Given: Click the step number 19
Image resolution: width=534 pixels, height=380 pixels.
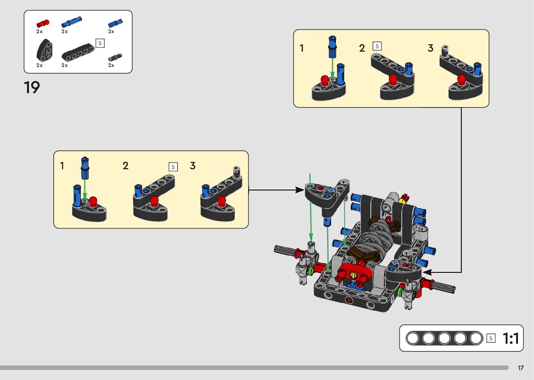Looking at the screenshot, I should (32, 87).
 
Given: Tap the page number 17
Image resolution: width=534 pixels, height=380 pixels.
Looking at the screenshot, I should (521, 368).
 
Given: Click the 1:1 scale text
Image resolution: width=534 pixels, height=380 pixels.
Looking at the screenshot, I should (511, 338).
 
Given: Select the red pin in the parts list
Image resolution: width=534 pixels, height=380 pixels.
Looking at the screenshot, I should (43, 23).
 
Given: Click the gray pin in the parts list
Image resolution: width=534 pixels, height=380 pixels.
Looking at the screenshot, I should (115, 57).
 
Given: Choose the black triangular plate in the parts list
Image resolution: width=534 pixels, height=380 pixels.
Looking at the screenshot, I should (45, 50).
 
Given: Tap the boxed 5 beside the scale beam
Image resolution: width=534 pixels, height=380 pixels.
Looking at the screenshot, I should (491, 338).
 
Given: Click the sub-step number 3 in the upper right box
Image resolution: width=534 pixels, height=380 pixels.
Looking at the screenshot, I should (430, 48).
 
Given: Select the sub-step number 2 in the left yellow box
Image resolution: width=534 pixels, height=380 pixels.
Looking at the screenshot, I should (126, 165).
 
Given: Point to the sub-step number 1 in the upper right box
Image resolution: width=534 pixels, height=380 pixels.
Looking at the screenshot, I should (302, 48).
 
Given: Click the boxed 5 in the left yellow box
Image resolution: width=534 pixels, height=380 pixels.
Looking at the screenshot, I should (173, 167).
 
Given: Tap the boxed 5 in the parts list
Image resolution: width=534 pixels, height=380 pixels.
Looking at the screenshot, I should (100, 43).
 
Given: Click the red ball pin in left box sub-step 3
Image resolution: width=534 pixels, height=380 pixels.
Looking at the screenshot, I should (221, 201).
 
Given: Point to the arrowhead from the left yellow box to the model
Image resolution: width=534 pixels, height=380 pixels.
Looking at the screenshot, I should (300, 190).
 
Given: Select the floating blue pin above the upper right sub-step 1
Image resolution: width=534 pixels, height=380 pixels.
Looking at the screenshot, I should (332, 47).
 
